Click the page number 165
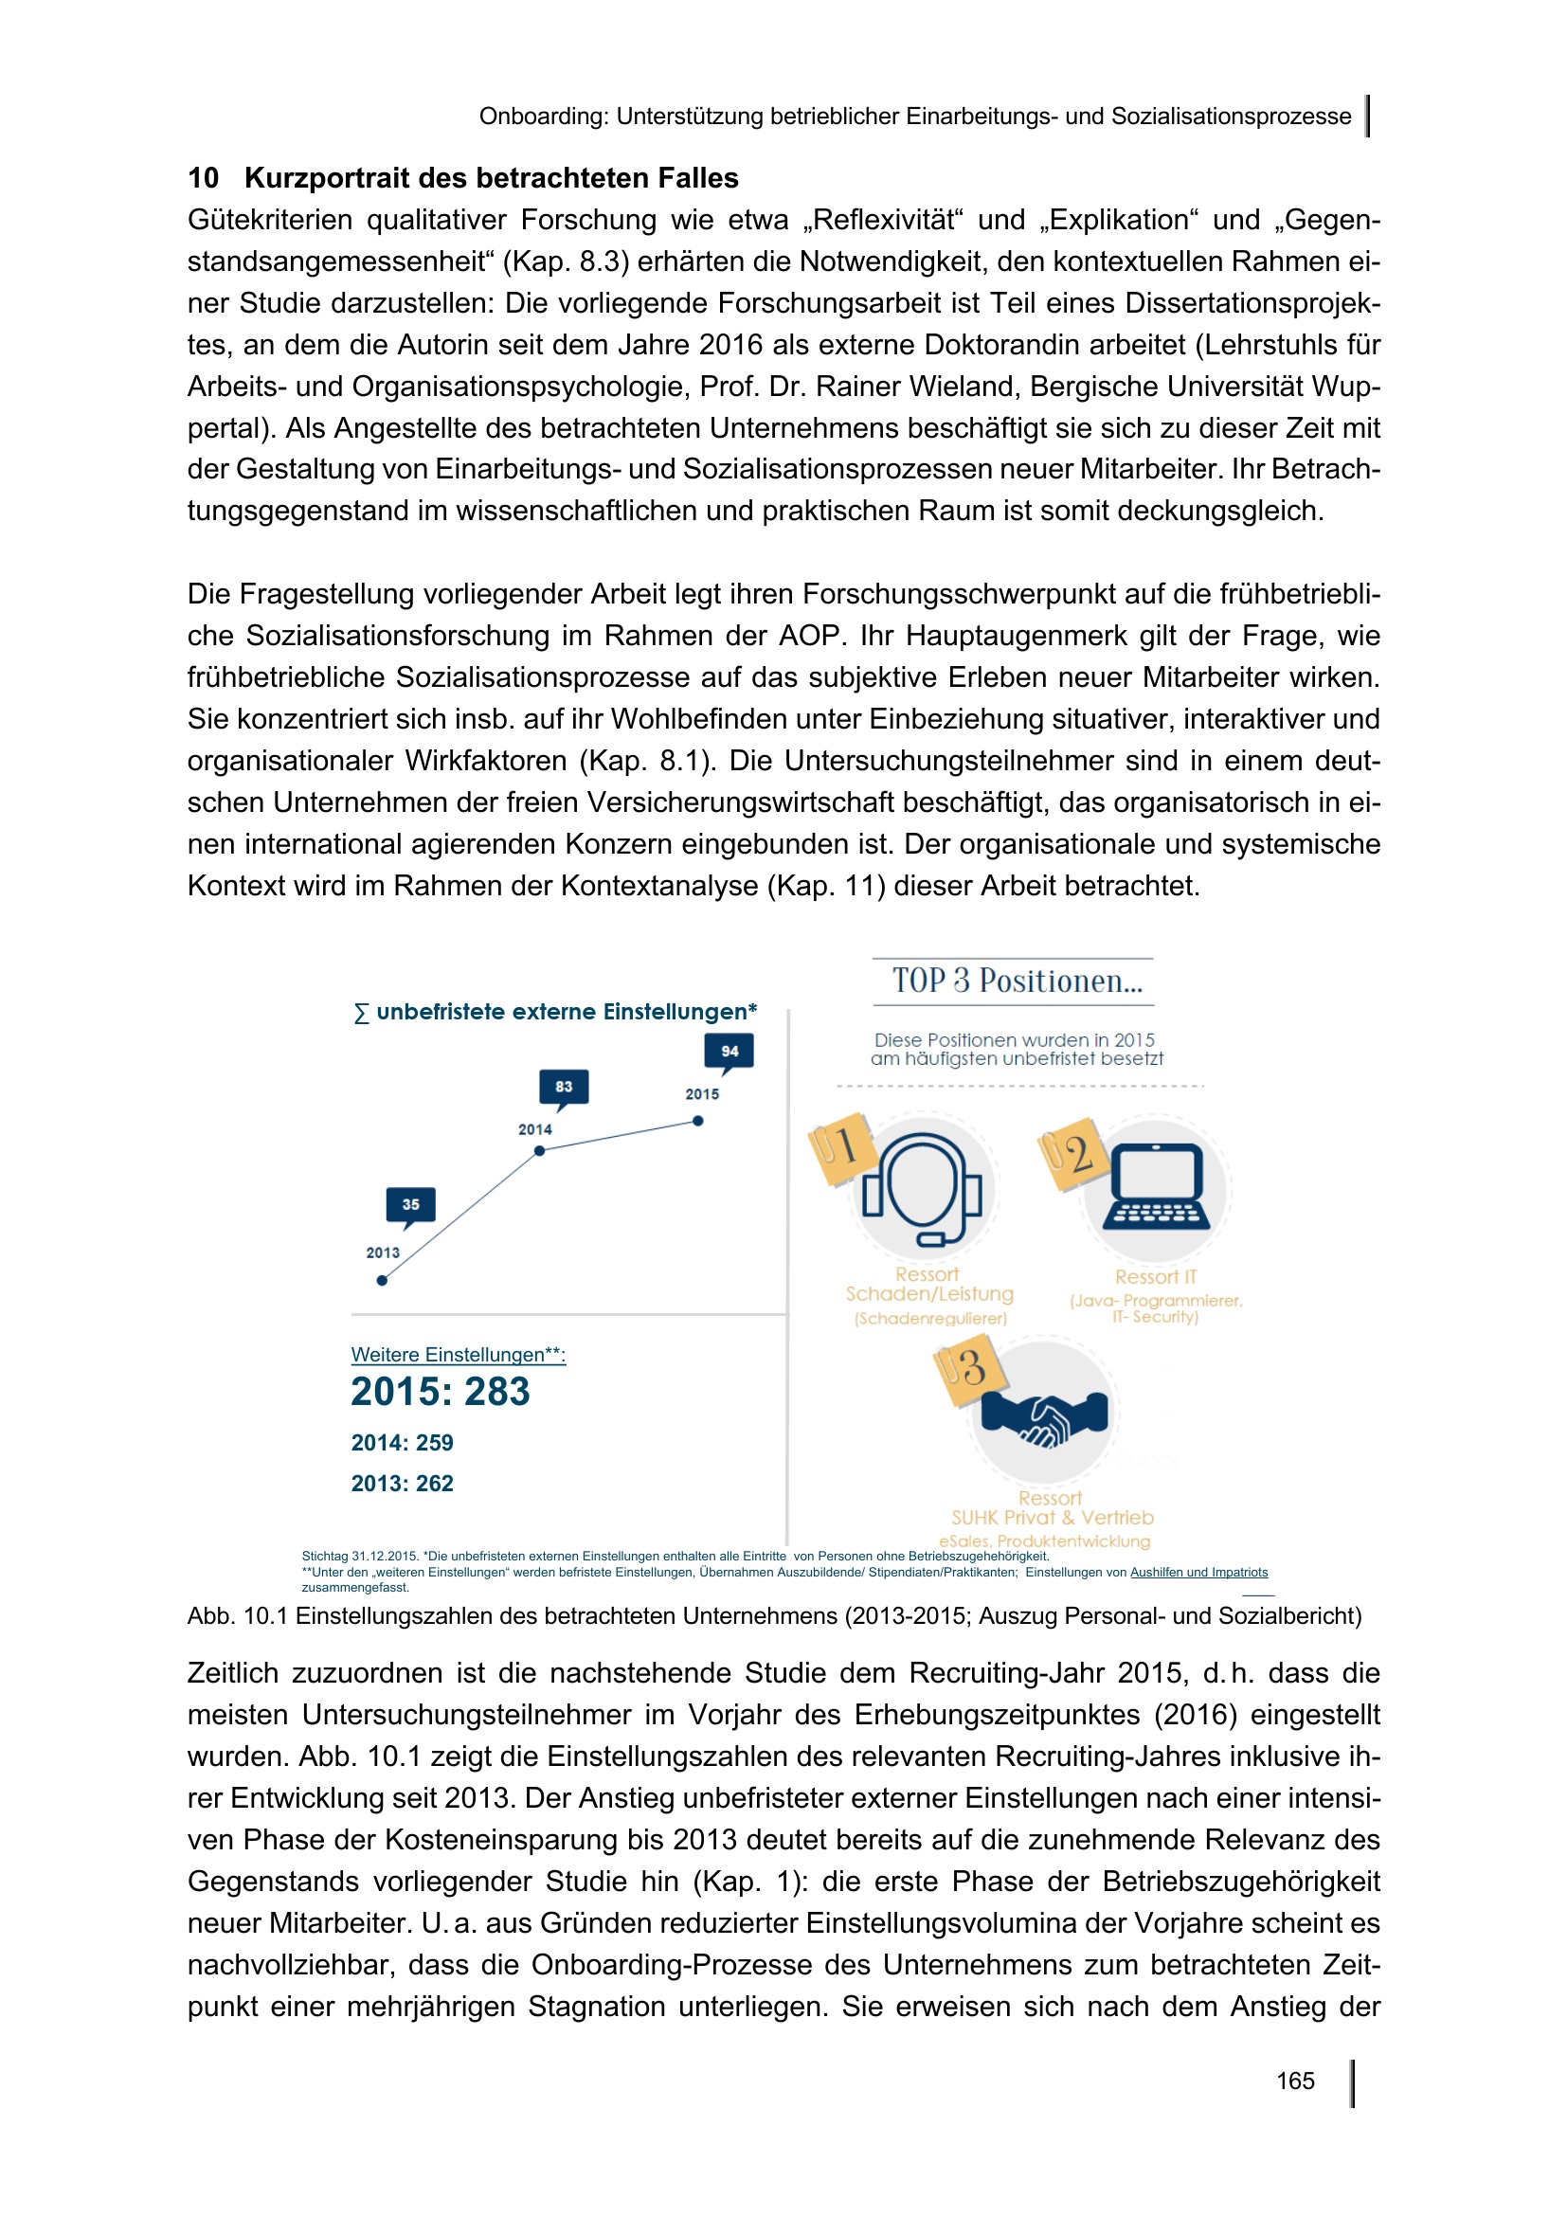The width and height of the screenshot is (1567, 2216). pos(1294,2080)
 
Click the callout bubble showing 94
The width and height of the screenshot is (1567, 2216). pos(729,1051)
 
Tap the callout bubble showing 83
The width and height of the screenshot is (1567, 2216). pos(564,1087)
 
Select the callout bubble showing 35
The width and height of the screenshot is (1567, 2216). pos(411,1204)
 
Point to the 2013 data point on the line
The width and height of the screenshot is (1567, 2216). pos(382,1280)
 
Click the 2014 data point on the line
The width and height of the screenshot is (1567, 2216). pos(539,1150)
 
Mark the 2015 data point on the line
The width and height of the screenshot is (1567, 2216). pos(697,1121)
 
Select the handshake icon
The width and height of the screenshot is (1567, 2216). pos(1045,1414)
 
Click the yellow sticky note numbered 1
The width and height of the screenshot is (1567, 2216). pos(841,1146)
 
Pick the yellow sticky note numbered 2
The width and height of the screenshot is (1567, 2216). pos(1072,1153)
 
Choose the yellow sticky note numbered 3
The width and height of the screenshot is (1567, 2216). pos(968,1369)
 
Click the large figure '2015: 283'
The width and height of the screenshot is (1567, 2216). pos(440,1392)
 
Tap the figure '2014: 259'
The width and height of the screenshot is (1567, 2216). pos(402,1443)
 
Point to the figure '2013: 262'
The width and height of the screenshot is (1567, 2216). pos(402,1484)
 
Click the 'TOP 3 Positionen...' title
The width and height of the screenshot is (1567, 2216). pos(1016,982)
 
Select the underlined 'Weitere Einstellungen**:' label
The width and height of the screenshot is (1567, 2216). pos(459,1354)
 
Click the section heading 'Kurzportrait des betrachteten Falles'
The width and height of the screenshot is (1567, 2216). pos(491,178)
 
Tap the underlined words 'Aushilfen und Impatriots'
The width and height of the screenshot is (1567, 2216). pos(1198,1573)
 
